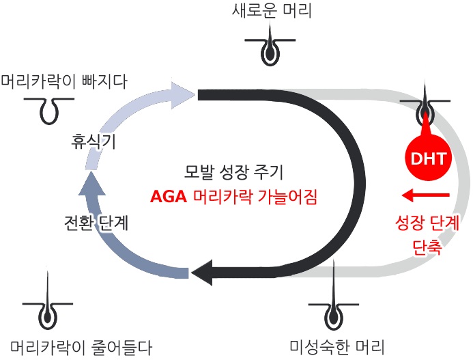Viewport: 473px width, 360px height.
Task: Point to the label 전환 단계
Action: (x=94, y=222)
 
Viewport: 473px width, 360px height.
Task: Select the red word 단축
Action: (x=427, y=247)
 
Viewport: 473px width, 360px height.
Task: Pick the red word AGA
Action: (x=167, y=198)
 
